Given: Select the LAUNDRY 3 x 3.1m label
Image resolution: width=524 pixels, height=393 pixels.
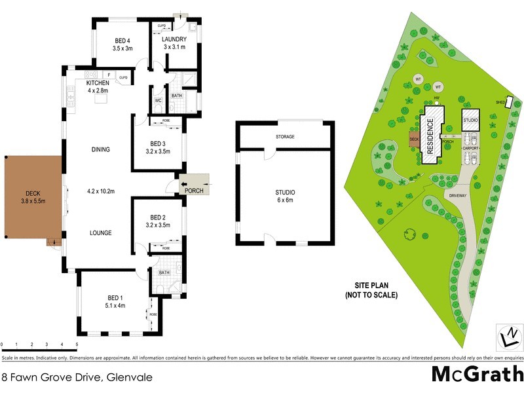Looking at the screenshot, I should (174, 43).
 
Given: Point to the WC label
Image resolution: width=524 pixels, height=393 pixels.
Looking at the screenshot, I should (158, 100).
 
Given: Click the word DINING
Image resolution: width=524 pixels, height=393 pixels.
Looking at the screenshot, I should (100, 149).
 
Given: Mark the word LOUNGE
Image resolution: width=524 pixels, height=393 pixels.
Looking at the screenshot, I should (100, 233).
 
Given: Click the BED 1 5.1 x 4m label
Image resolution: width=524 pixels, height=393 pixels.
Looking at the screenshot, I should (114, 302).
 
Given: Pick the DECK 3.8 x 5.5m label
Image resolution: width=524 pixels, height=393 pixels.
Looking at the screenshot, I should (33, 197).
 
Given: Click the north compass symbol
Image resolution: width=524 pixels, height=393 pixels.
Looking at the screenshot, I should (508, 337).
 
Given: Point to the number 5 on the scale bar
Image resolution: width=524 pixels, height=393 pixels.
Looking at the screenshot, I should (77, 344).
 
